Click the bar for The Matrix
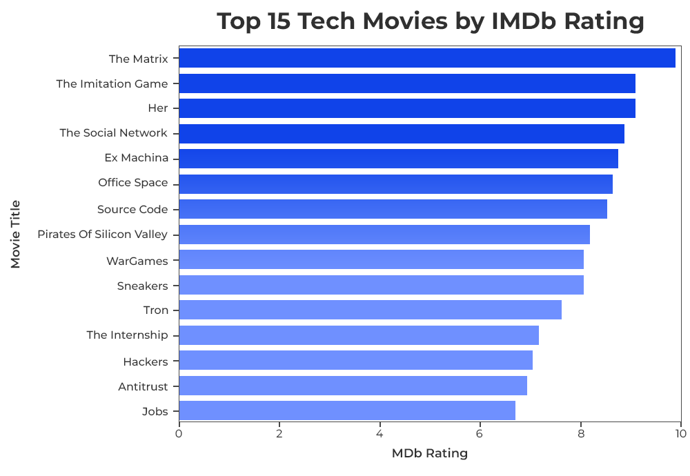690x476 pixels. [426, 59]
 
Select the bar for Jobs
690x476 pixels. [346, 411]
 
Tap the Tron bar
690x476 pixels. [370, 310]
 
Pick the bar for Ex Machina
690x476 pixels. [398, 159]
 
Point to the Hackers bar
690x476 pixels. [355, 361]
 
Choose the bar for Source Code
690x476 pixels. [393, 209]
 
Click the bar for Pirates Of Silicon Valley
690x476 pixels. [384, 235]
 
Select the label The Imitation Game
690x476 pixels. [112, 84]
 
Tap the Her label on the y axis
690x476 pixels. [158, 108]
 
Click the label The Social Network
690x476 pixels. [113, 133]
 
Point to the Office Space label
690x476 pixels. [133, 183]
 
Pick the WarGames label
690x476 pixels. [137, 261]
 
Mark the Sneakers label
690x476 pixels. [142, 286]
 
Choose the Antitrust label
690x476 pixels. [143, 386]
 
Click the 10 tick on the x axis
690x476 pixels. [681, 434]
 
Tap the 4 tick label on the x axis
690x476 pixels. [379, 434]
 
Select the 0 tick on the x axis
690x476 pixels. [179, 434]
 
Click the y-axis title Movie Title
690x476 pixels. [15, 235]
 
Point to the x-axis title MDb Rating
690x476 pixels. [430, 454]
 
